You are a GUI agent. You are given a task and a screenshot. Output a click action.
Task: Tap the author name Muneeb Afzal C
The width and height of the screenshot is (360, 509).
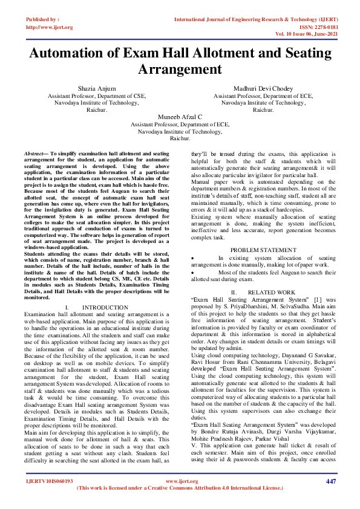180,116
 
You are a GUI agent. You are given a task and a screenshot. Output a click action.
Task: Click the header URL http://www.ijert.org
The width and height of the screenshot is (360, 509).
50,27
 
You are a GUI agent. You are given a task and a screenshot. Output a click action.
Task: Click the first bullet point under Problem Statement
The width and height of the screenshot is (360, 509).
193,258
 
